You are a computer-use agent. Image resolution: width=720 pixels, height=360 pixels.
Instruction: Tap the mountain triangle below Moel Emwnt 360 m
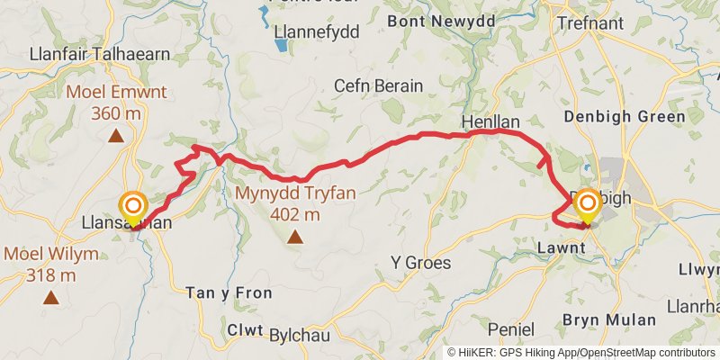point(115,136)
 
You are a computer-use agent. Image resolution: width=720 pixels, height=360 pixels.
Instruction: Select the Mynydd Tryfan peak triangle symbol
point(295,238)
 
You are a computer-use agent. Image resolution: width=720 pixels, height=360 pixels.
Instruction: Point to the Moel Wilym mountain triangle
point(50,296)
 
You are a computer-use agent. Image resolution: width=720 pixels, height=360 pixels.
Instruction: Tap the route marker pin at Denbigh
point(587,206)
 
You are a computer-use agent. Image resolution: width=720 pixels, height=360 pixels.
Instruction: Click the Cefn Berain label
point(378,85)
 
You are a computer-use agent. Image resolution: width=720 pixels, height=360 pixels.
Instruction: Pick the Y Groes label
point(420,263)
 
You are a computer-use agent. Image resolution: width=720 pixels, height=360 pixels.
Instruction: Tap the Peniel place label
point(511,329)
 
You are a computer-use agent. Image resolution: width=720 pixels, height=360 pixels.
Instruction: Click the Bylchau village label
point(301,335)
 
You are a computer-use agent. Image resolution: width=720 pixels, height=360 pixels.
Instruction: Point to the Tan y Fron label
point(217,293)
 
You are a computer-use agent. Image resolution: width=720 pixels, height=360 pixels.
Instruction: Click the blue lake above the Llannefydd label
point(264,13)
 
